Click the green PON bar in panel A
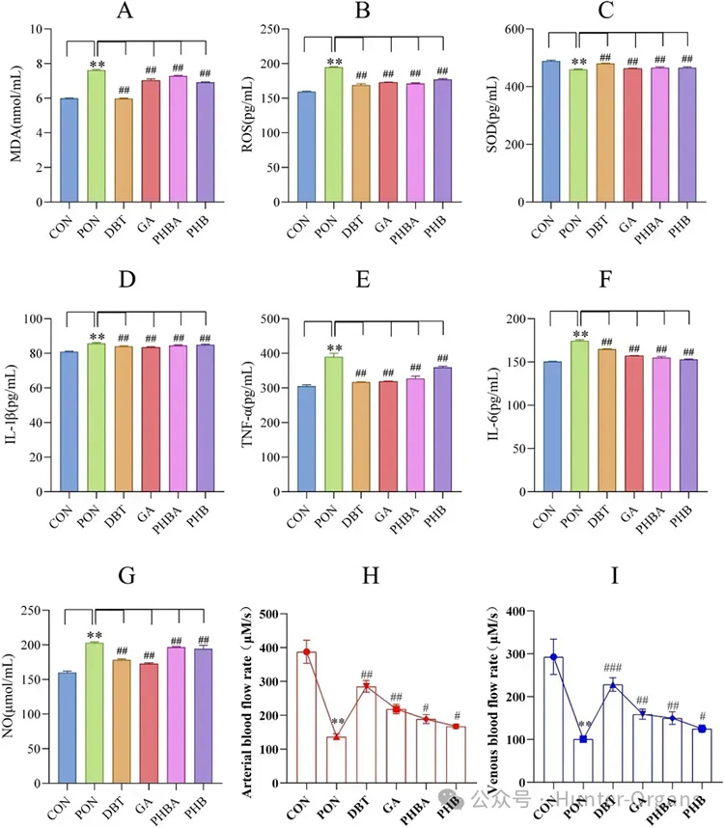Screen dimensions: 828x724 click(97, 136)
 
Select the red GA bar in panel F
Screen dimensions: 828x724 click(633, 424)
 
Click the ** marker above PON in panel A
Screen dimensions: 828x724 click(97, 65)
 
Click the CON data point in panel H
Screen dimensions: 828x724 click(306, 652)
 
